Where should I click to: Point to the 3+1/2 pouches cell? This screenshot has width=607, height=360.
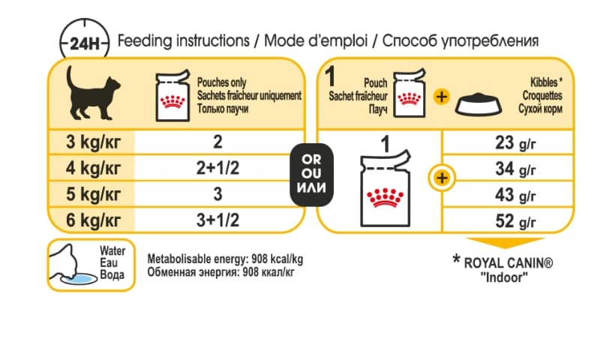[217, 220]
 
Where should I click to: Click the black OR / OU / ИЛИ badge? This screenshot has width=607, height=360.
[310, 174]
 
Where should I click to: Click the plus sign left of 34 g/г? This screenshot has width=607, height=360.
[442, 178]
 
